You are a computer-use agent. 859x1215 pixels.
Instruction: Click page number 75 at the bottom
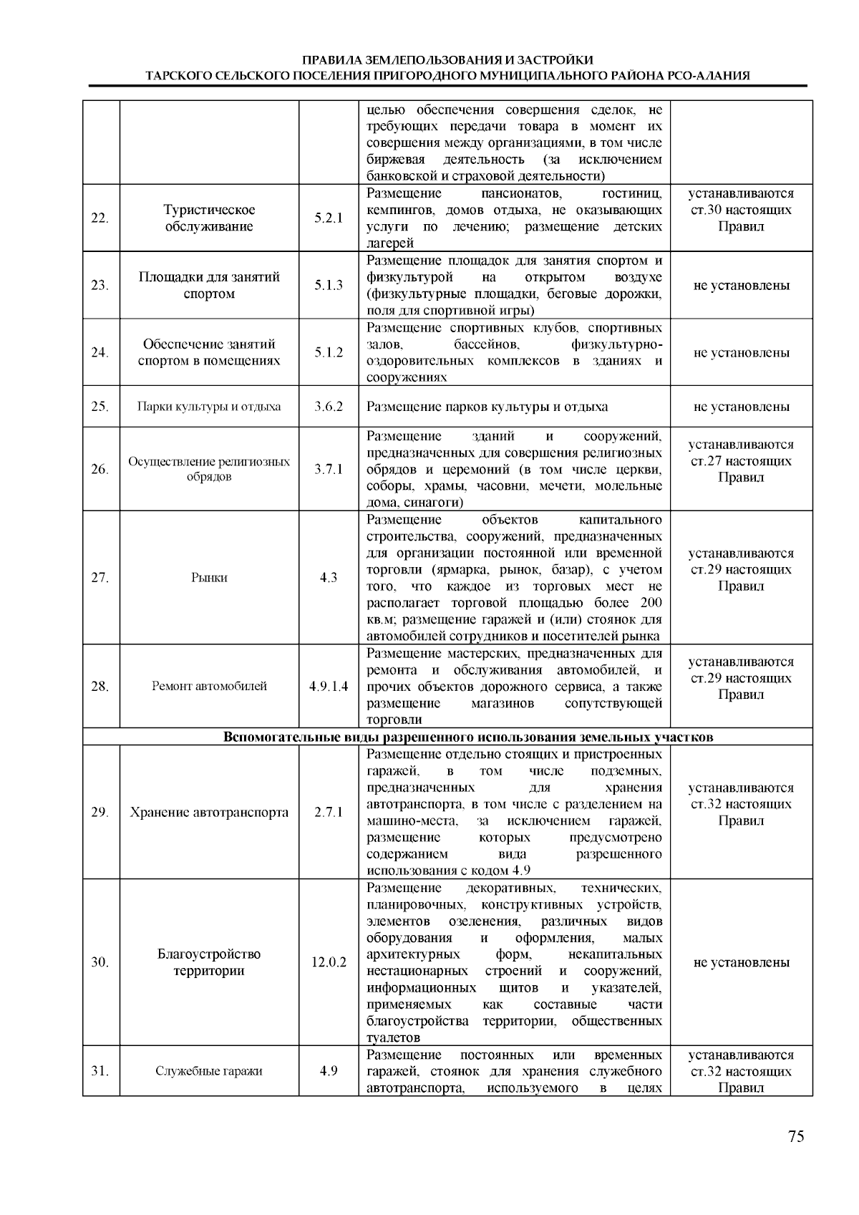796,1137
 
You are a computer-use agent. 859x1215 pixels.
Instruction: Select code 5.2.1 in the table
329,218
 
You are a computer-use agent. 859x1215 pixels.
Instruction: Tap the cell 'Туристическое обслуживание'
209,218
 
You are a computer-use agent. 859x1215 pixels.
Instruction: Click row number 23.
100,286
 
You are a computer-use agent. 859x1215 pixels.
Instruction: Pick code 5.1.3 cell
329,286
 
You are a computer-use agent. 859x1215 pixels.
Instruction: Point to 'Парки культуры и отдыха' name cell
209,407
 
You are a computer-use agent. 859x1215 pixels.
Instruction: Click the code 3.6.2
329,407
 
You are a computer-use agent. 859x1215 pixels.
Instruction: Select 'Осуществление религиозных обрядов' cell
209,469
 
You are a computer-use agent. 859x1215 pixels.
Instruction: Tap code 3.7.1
329,469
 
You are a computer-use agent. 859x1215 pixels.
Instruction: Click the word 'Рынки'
209,578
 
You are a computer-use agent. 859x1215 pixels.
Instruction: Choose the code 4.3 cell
329,578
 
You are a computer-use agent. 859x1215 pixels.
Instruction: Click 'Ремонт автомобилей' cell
209,686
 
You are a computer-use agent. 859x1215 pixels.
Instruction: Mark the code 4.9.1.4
329,686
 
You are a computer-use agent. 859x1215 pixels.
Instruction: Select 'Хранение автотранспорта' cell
209,812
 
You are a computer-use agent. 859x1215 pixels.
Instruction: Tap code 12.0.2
329,962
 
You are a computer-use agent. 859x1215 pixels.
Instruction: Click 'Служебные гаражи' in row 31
209,1071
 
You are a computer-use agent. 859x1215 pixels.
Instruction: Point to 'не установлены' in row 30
741,962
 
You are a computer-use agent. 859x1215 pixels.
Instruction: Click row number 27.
100,578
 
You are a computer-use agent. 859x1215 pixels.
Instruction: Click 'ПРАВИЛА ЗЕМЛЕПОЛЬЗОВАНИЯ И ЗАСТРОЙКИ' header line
447,60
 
